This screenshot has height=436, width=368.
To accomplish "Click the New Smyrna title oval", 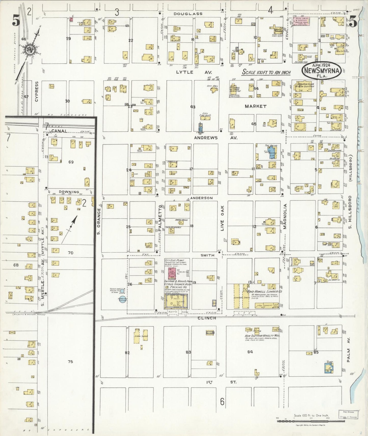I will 322,71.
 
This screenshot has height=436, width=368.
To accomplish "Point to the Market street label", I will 255,106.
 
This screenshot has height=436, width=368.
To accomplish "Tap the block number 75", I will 70,361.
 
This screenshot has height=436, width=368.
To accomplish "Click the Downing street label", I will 69,192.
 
